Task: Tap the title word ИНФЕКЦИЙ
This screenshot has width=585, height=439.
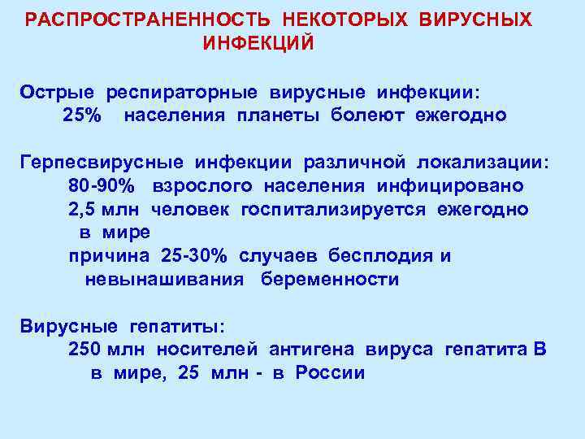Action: pos(258,42)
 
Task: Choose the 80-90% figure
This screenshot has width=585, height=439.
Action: pos(102,186)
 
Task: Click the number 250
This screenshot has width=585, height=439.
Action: pos(85,350)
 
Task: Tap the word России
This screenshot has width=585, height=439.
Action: pos(330,373)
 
